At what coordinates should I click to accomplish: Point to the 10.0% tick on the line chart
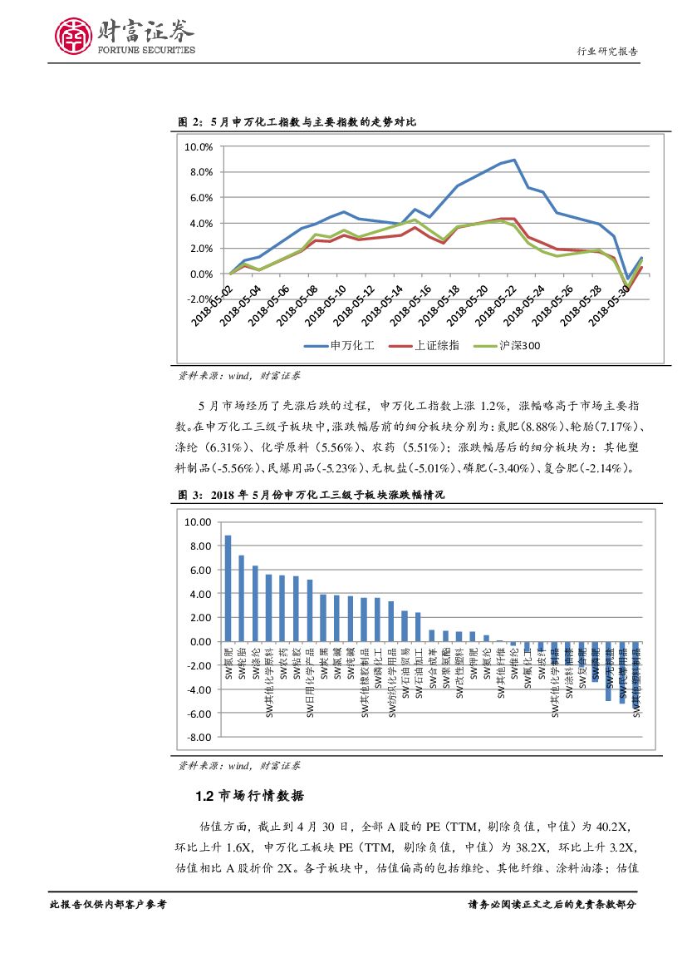[x=199, y=146]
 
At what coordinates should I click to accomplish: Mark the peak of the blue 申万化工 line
[x=514, y=160]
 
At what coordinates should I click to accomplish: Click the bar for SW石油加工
[x=418, y=627]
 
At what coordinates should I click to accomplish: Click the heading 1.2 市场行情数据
[x=249, y=797]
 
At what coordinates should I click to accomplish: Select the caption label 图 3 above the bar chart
[x=190, y=495]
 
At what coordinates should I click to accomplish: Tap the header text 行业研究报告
[x=607, y=52]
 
